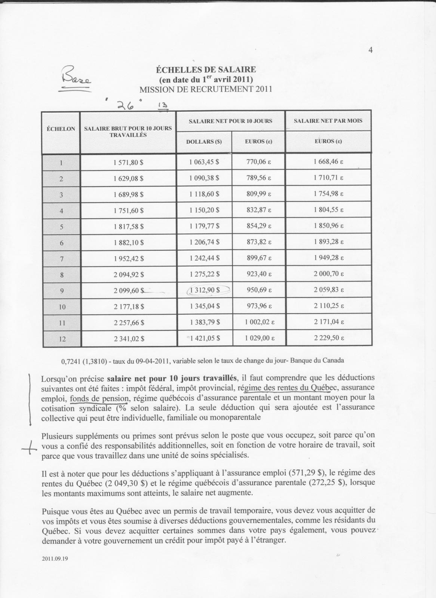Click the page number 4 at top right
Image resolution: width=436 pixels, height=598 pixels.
point(371,50)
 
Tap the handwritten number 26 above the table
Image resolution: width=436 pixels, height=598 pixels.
point(126,106)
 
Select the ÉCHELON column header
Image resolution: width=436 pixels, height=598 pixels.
point(61,129)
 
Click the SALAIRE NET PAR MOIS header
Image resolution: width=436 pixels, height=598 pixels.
point(328,121)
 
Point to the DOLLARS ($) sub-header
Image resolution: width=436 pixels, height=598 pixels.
point(204,142)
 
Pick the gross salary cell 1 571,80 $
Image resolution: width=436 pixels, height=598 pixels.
point(128,163)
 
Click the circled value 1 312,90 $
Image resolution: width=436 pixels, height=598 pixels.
point(205,290)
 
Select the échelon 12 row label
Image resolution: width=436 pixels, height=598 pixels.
point(62,339)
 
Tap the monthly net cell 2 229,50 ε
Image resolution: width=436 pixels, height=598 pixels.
point(329,338)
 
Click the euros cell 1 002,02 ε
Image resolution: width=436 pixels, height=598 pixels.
point(260,322)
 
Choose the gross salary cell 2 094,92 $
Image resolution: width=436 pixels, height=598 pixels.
point(129,275)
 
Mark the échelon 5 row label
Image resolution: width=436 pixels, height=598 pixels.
point(62,227)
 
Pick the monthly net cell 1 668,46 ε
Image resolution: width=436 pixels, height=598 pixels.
point(328,162)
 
